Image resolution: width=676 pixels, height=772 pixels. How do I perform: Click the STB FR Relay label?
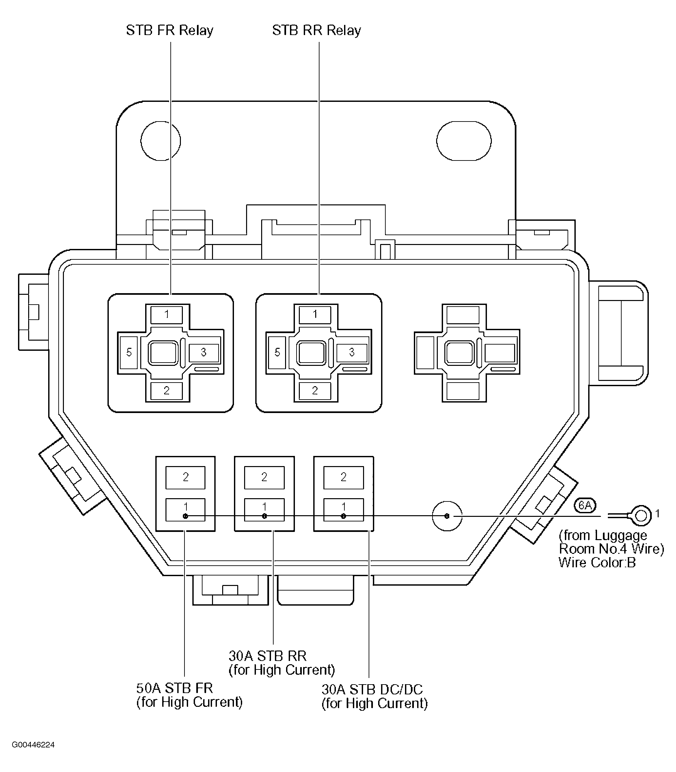tap(169, 30)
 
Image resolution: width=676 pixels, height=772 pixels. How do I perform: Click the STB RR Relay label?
tap(316, 30)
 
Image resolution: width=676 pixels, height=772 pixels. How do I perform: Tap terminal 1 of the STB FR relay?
tap(166, 314)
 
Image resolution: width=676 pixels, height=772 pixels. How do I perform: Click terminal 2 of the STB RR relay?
tap(315, 391)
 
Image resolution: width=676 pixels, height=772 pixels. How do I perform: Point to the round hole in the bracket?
tap(161, 141)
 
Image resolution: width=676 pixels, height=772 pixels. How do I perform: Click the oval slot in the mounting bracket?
tap(464, 141)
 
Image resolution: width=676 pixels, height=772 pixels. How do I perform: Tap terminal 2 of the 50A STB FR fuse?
tap(185, 478)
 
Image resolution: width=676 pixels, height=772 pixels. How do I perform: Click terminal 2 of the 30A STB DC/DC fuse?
tap(343, 478)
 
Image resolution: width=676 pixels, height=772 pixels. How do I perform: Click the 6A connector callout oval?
tap(585, 505)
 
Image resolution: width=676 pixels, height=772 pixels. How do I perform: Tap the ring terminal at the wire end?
tap(641, 516)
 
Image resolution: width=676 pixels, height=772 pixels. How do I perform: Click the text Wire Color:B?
tap(597, 563)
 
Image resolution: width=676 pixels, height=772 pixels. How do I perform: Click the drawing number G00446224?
tap(33, 745)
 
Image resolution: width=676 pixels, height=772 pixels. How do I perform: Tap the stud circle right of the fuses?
tap(447, 516)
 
